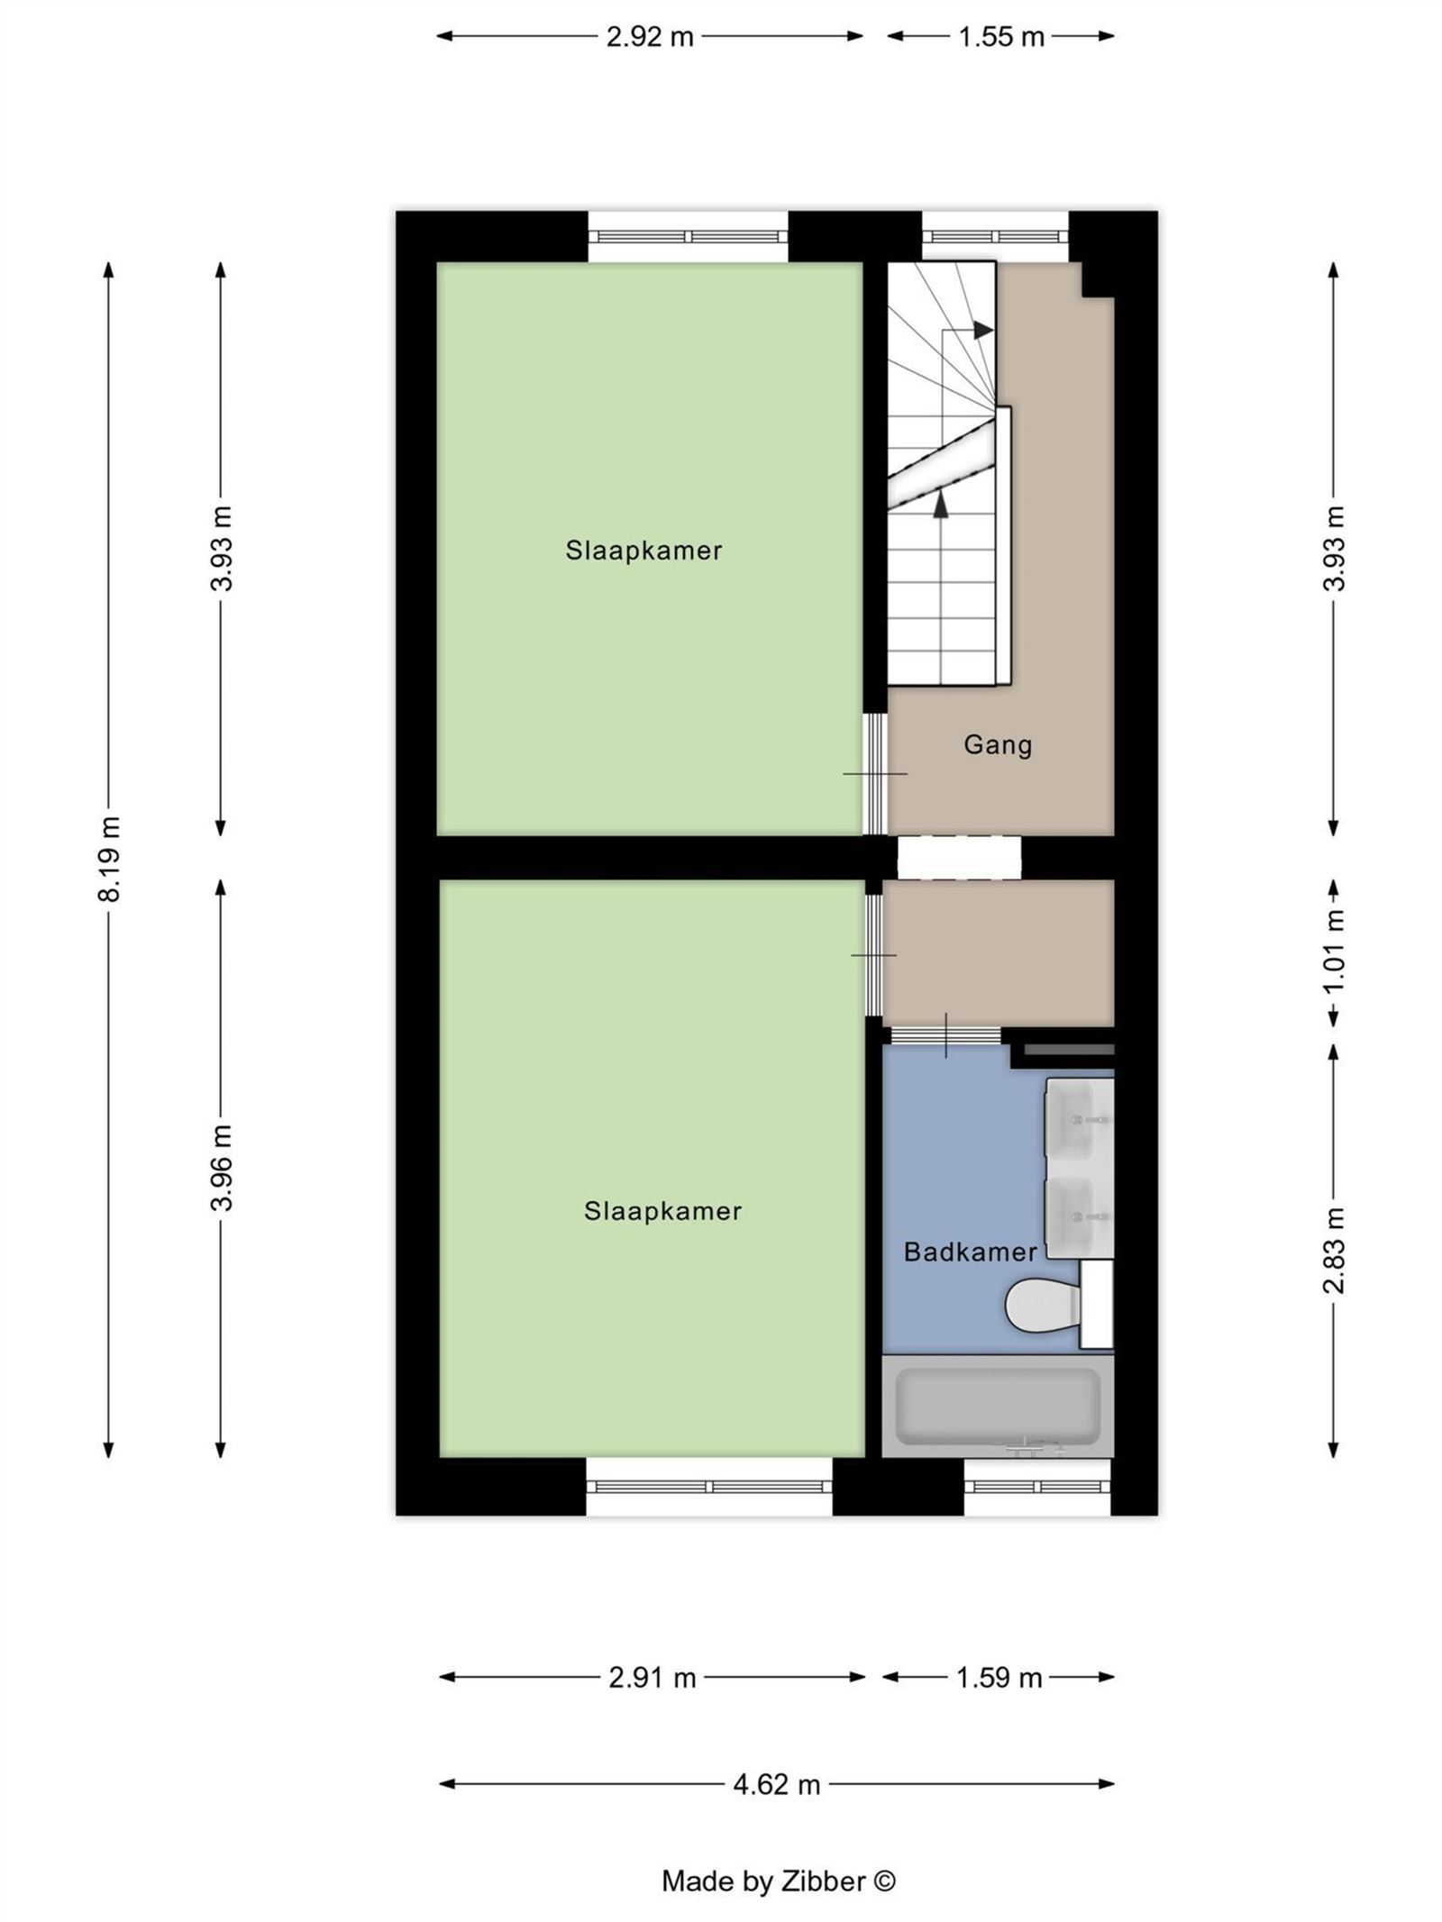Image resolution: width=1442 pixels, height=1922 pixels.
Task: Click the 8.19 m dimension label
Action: point(109,858)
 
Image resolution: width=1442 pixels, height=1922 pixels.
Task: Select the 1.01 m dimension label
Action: point(1334,951)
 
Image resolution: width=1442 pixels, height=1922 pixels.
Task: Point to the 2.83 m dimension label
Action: point(1334,1250)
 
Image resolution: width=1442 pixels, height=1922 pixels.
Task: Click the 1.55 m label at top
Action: point(1000,37)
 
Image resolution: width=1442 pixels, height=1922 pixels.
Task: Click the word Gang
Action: point(997,745)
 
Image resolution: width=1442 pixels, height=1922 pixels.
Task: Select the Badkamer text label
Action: point(970,1252)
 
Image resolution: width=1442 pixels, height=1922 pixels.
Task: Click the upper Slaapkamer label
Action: point(643,551)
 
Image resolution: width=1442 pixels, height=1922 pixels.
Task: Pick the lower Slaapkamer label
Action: point(662,1211)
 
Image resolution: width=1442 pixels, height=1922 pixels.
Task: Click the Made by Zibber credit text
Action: point(778,1881)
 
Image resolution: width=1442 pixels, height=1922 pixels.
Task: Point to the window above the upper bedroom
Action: point(689,236)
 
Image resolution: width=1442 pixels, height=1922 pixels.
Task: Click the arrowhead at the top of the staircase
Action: point(983,330)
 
